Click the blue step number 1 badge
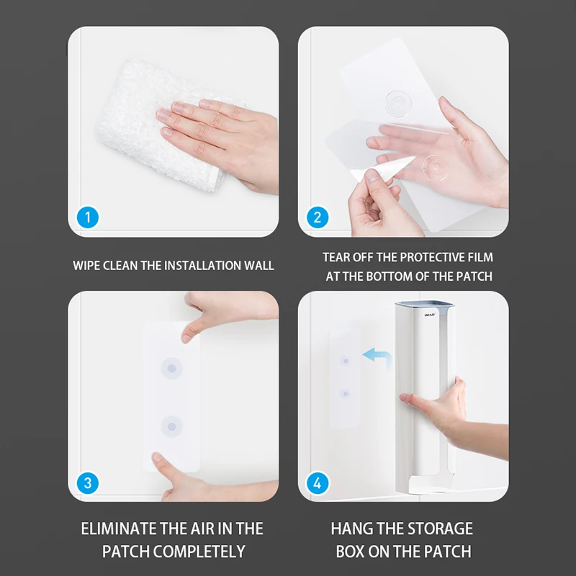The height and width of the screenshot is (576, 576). pos(88,217)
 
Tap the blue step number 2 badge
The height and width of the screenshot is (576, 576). pos(318,217)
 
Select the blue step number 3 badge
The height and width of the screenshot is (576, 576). pos(88,482)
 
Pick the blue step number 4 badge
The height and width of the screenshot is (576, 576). pos(318,482)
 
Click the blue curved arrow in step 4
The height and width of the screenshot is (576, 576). pos(380,354)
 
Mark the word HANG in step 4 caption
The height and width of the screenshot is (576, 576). pos(352,528)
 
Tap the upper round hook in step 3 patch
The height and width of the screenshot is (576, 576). pos(171,368)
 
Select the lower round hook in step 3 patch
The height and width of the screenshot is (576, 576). pos(171,426)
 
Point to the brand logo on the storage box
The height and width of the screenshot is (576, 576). pos(430,315)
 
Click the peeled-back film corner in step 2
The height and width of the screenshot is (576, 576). pos(380,170)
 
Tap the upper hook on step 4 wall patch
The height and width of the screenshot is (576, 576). pos(345,361)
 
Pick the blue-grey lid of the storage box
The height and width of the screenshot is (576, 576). pos(424,305)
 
